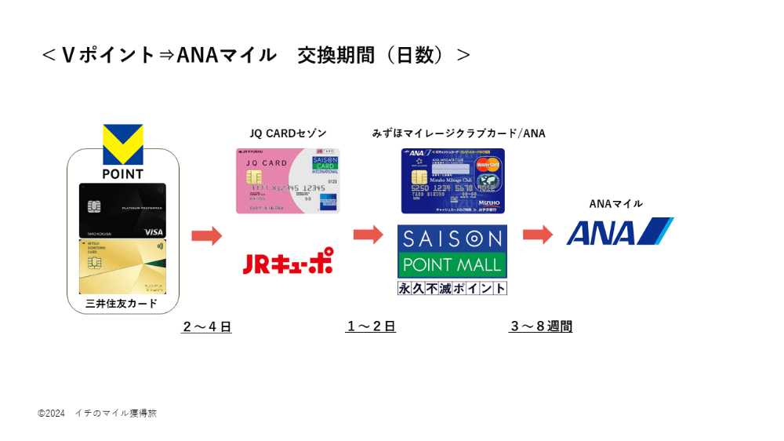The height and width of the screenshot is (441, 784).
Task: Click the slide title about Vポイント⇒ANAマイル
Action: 256,55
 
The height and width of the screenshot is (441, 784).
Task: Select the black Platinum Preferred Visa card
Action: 122,210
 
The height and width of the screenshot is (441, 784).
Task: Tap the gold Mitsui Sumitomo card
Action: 122,267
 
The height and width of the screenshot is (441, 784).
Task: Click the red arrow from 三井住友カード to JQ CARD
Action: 206,235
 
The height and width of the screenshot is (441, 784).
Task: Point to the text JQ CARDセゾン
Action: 288,133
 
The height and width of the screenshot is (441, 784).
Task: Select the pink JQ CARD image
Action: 288,181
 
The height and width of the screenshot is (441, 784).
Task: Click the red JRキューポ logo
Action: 287,262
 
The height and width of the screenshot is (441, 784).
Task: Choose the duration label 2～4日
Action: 207,326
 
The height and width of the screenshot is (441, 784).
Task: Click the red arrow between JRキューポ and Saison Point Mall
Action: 368,235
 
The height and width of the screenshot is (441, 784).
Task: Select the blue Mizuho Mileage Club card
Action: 452,181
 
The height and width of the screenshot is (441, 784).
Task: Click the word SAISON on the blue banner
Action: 452,239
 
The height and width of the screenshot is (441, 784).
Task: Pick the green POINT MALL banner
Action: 452,265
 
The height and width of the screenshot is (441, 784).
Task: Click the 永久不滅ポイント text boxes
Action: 452,288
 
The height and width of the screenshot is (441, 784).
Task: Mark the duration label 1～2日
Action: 371,326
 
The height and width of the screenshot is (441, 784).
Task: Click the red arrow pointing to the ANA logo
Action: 538,235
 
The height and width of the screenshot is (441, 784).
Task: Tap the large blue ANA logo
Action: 619,232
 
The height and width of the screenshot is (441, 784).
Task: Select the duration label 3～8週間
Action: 541,326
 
